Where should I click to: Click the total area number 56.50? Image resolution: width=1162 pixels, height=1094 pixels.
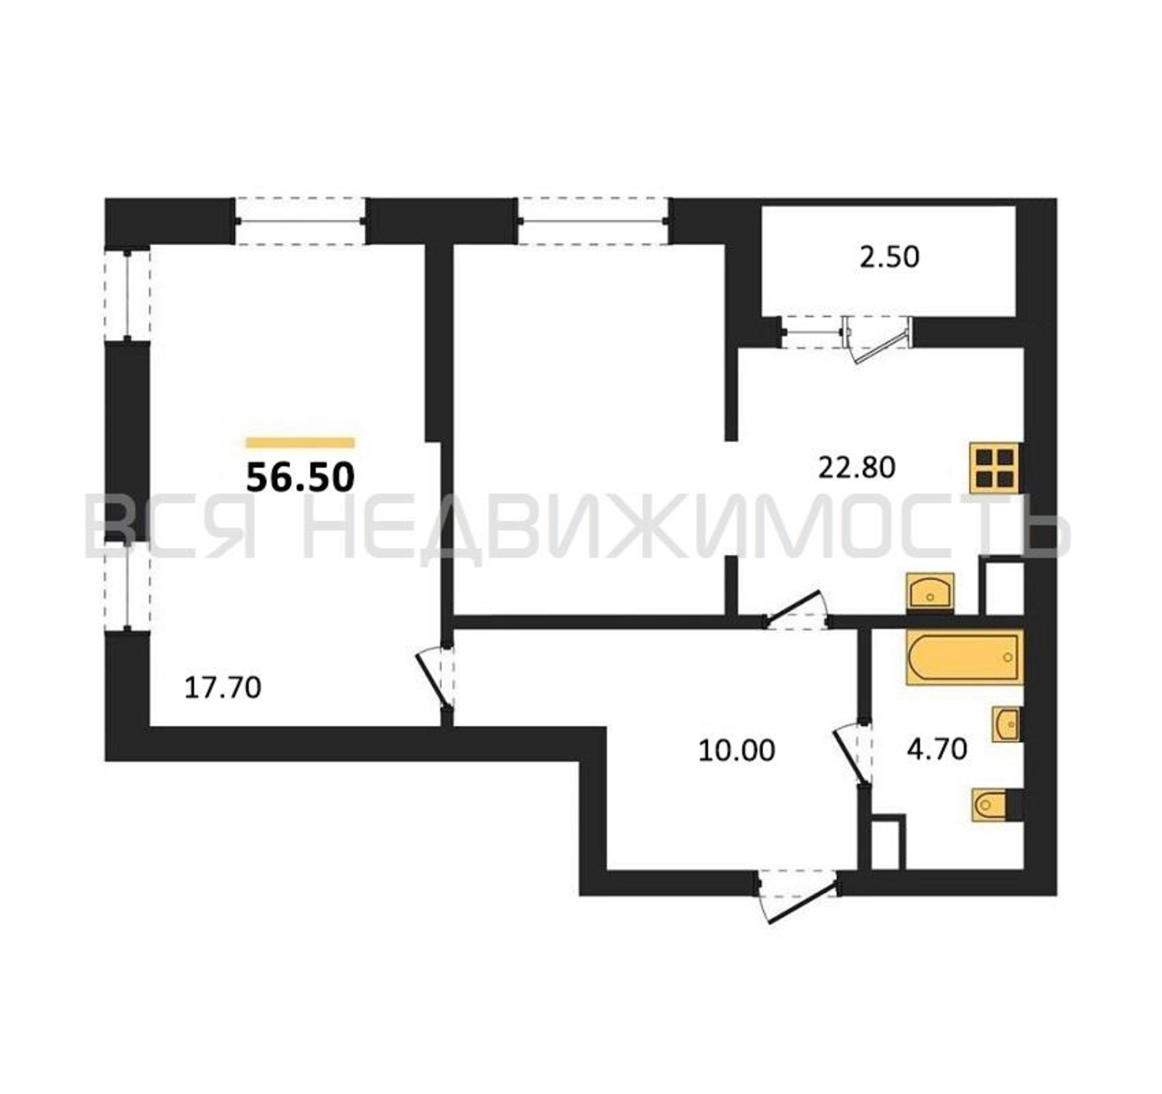300,477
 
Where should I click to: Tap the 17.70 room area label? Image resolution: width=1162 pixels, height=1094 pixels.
223,688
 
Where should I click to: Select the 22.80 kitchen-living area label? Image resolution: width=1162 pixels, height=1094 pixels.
857,468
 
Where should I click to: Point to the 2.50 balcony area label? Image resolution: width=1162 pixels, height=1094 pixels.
890,257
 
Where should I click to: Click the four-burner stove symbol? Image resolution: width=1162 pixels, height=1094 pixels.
994,468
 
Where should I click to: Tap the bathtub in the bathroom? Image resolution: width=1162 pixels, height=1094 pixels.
965,657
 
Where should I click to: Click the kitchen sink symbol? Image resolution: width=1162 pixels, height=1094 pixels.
930,593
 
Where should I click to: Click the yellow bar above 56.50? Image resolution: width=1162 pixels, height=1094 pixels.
300,443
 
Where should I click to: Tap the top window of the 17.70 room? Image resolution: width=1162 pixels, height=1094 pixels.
300,221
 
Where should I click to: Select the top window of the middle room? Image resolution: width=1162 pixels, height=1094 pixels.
594,221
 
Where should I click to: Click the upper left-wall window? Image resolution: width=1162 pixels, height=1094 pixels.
127,295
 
